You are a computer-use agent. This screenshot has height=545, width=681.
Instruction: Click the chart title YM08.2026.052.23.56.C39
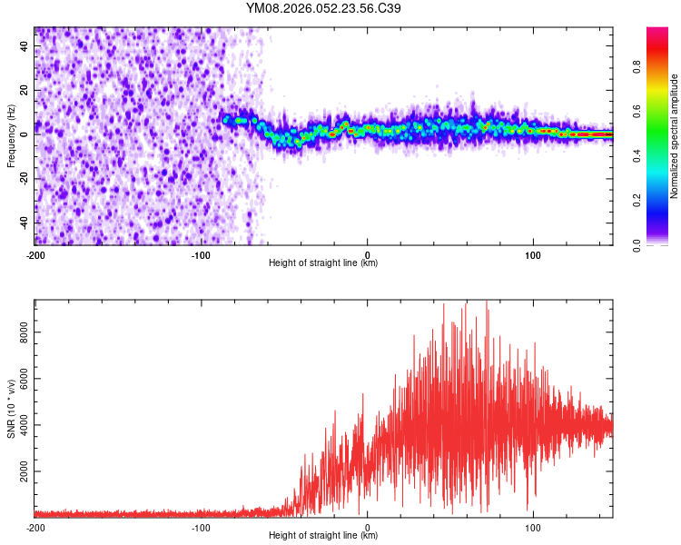323,9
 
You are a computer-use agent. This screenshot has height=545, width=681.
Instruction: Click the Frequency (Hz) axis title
11,136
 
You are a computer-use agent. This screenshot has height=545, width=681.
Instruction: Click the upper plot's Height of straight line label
323,263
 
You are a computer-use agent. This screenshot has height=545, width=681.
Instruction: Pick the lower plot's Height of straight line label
323,536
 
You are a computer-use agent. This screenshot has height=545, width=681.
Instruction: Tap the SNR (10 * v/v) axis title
11,409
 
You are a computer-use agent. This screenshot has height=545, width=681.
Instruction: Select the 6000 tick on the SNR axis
25,379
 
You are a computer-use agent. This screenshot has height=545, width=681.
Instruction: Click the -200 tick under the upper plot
35,253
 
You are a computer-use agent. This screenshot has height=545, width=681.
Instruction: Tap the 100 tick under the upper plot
533,253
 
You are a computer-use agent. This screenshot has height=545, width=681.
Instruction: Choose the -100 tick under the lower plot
201,526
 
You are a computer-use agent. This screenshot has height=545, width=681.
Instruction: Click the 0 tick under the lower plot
367,526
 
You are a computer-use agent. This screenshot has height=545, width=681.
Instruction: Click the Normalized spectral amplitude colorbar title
675,136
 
